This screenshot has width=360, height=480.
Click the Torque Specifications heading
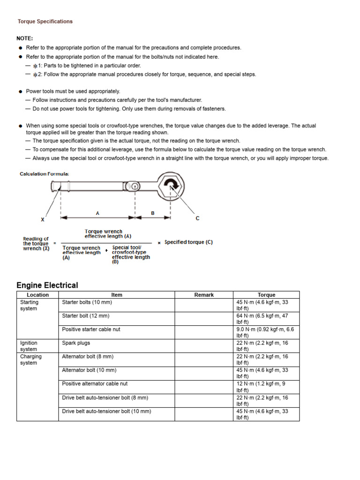click(45, 22)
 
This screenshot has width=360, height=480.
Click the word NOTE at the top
click(25, 38)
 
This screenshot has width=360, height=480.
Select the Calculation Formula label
click(45, 174)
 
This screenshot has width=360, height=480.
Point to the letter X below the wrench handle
click(43, 219)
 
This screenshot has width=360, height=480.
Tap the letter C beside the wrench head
click(197, 218)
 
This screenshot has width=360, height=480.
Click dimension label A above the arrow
click(97, 213)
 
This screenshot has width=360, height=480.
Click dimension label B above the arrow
click(152, 213)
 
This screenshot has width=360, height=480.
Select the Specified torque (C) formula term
click(188, 242)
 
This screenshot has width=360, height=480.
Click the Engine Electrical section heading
click(47, 285)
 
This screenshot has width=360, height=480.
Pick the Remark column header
click(204, 295)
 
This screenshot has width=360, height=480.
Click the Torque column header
click(266, 295)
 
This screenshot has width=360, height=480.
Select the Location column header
click(37, 295)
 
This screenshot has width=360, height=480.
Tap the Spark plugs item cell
click(76, 343)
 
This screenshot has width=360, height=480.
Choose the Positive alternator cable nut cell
click(95, 383)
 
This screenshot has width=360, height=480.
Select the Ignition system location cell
click(29, 346)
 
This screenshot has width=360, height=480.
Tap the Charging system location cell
click(30, 360)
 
